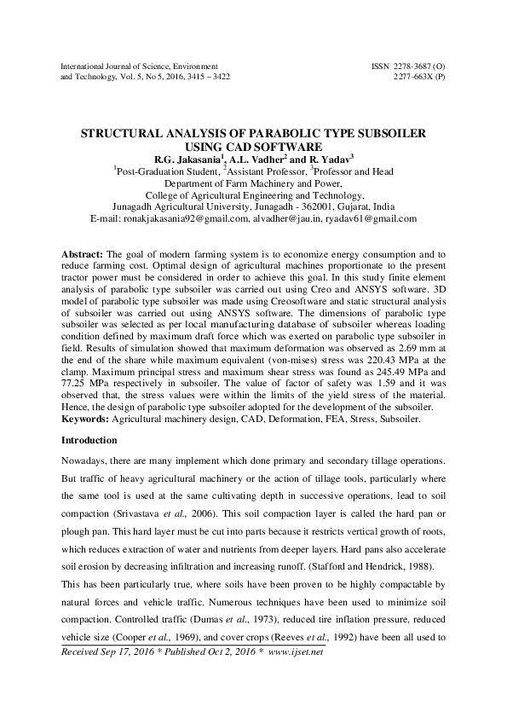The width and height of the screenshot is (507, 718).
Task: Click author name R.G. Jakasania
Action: pos(186,159)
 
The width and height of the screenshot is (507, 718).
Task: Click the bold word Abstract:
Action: pos(82,255)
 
